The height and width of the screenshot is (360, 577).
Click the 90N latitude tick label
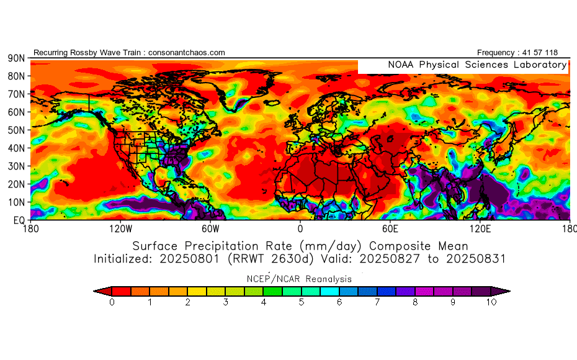click(x=16, y=58)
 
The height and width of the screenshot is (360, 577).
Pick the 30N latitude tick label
click(x=16, y=166)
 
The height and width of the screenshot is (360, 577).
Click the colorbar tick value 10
click(x=491, y=303)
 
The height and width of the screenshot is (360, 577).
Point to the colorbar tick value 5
click(x=302, y=303)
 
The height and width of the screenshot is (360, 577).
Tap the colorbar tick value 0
click(x=112, y=303)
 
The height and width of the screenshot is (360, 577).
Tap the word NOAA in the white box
click(x=401, y=65)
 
